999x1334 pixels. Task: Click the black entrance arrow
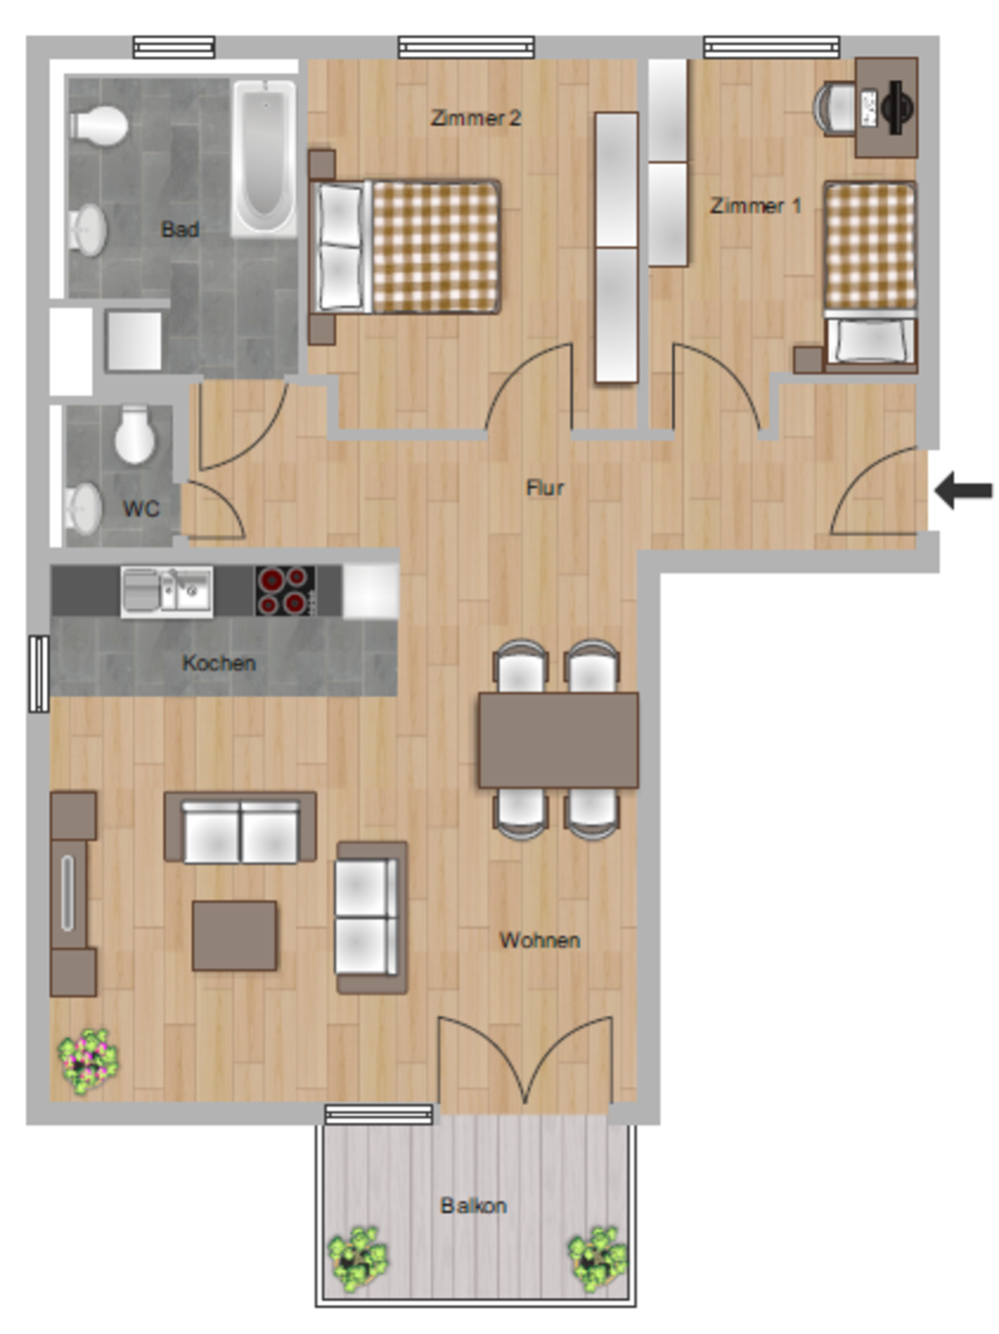pos(964,491)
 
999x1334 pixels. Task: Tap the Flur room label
pos(544,488)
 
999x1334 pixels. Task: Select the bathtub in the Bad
pos(265,157)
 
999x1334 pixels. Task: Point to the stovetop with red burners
pos(285,591)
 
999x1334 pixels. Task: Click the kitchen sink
pos(167,591)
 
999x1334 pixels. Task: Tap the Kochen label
pos(219,663)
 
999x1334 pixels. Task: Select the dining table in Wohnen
pos(557,740)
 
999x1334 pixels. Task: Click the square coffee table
pos(235,935)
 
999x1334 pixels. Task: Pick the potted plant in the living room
pos(88,1061)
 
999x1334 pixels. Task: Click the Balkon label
pos(474,1205)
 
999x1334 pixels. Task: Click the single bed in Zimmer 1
pos(869,275)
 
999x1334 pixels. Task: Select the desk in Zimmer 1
pos(886,107)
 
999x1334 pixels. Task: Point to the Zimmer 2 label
pos(476,118)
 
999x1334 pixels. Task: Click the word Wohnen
pos(539,940)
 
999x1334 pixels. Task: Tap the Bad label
pos(180,229)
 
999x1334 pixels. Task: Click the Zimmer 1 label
pos(755,206)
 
